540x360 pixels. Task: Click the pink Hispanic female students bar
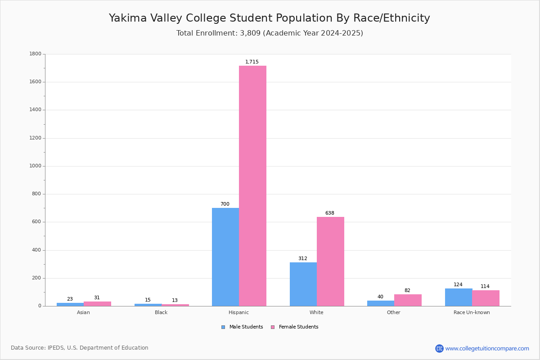(x=252, y=186)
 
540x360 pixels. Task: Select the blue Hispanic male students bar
(x=225, y=257)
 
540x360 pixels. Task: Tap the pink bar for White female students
(x=330, y=261)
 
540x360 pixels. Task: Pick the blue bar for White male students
(x=303, y=284)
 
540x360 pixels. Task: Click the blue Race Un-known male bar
(x=459, y=297)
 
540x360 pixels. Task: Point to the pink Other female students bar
(x=408, y=300)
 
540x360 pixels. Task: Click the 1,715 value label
(x=252, y=62)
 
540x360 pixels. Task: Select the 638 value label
(x=330, y=213)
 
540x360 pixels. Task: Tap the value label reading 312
(x=303, y=258)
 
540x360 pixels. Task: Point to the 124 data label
(x=458, y=284)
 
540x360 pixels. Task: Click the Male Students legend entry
(x=242, y=327)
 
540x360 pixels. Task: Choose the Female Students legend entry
(x=295, y=327)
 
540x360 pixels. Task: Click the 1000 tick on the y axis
(x=36, y=166)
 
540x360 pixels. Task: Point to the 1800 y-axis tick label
(x=36, y=54)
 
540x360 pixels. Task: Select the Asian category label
(x=83, y=312)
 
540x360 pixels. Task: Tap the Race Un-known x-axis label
(x=472, y=312)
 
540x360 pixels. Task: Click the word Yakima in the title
(x=128, y=18)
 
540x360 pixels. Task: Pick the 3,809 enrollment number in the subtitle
(x=250, y=33)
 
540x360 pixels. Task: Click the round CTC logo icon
(x=439, y=348)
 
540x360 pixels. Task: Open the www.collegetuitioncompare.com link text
(x=487, y=349)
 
